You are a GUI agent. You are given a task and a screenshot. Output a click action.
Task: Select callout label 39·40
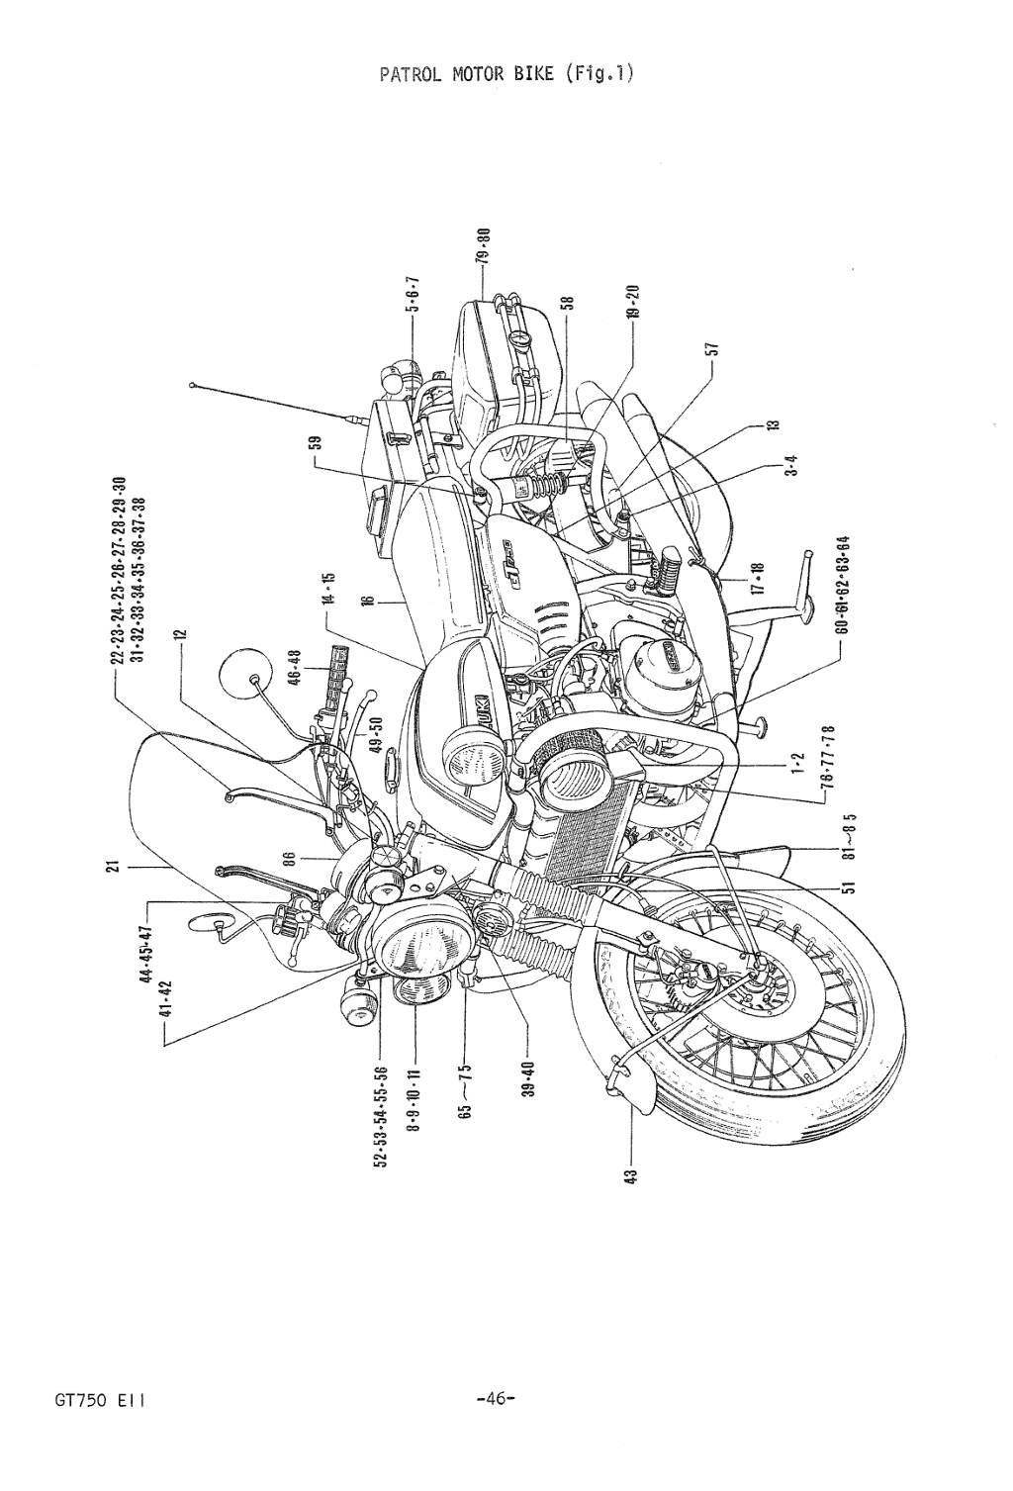528,1079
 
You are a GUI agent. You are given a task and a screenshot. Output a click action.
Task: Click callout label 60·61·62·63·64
841,590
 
